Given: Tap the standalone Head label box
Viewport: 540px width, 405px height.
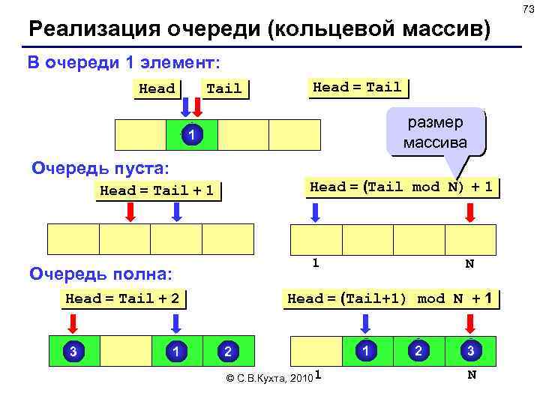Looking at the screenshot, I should pyautogui.click(x=157, y=88).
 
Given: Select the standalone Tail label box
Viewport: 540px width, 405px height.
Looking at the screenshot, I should pyautogui.click(x=223, y=88).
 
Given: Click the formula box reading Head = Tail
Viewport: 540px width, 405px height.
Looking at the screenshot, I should pyautogui.click(x=356, y=87).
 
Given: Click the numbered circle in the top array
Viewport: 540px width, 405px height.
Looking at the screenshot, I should pyautogui.click(x=191, y=136).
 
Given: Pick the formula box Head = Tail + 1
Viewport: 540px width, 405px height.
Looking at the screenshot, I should pyautogui.click(x=157, y=190).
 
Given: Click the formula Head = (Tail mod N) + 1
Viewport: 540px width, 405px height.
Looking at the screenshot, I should pyautogui.click(x=401, y=187).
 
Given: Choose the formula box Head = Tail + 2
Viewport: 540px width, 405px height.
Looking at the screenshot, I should pyautogui.click(x=122, y=298).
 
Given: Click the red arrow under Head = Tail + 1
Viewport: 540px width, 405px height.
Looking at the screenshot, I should pyautogui.click(x=130, y=212).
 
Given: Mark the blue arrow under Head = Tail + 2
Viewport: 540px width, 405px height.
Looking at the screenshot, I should pyautogui.click(x=176, y=323).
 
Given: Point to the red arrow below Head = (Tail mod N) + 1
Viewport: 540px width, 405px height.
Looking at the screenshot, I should pyautogui.click(x=470, y=212).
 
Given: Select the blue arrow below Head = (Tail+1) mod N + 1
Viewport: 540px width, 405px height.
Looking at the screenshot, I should pyautogui.click(x=366, y=323).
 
